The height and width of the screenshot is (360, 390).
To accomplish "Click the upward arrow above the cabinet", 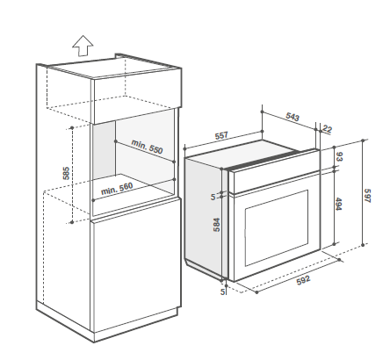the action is pyautogui.click(x=83, y=46).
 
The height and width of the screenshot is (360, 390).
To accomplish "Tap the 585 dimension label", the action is pyautogui.click(x=67, y=173).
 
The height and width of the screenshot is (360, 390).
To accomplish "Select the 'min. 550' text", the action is pyautogui.click(x=147, y=147).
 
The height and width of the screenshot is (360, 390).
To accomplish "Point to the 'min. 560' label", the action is pyautogui.click(x=117, y=189).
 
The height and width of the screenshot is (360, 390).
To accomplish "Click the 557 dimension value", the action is pyautogui.click(x=221, y=136).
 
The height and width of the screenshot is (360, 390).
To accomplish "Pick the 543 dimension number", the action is pyautogui.click(x=292, y=116).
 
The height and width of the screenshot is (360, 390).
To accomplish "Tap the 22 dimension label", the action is pyautogui.click(x=328, y=129).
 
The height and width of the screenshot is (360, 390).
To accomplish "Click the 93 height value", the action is pyautogui.click(x=339, y=156).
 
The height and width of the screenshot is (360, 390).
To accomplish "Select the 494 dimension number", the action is pyautogui.click(x=338, y=204).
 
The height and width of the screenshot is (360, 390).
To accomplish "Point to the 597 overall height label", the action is pyautogui.click(x=367, y=196).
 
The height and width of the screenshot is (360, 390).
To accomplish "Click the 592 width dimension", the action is pyautogui.click(x=303, y=280).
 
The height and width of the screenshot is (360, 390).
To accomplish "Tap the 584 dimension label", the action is pyautogui.click(x=216, y=225).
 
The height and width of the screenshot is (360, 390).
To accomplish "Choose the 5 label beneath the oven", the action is pyautogui.click(x=223, y=292).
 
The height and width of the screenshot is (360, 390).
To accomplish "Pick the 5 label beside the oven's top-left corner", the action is pyautogui.click(x=213, y=198).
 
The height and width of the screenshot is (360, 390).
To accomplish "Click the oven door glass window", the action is pyautogui.click(x=277, y=227).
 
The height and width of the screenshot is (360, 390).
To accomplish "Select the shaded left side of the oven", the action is pyautogui.click(x=204, y=218).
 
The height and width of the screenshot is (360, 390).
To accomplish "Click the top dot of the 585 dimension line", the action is pyautogui.click(x=72, y=128).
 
